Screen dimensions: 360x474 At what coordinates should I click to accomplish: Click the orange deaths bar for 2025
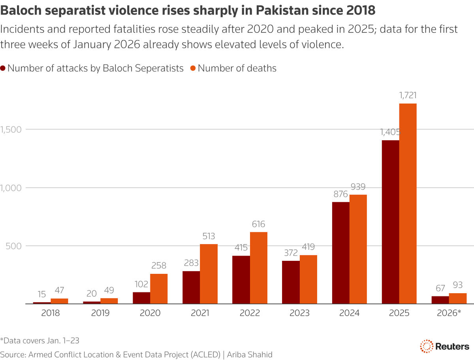click(x=408, y=204)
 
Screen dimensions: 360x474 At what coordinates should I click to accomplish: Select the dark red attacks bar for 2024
click(x=340, y=253)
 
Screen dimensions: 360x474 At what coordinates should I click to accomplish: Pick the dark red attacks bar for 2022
click(x=241, y=280)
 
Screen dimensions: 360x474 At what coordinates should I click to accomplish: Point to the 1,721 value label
click(x=408, y=96)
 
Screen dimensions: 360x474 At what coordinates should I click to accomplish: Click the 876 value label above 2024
click(x=340, y=194)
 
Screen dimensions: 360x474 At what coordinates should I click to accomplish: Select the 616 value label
click(x=258, y=224)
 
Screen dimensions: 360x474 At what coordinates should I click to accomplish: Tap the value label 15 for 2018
click(x=42, y=294)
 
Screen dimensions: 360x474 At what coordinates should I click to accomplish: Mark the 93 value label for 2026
click(x=457, y=285)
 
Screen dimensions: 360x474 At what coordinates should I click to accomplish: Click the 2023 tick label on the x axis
click(x=299, y=313)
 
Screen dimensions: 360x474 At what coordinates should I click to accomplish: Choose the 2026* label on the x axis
click(x=449, y=313)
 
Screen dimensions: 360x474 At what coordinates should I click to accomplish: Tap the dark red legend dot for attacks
click(x=3, y=68)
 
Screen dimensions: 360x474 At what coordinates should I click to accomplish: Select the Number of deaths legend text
click(x=237, y=68)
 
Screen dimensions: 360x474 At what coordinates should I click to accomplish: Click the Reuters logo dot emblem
click(x=426, y=346)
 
